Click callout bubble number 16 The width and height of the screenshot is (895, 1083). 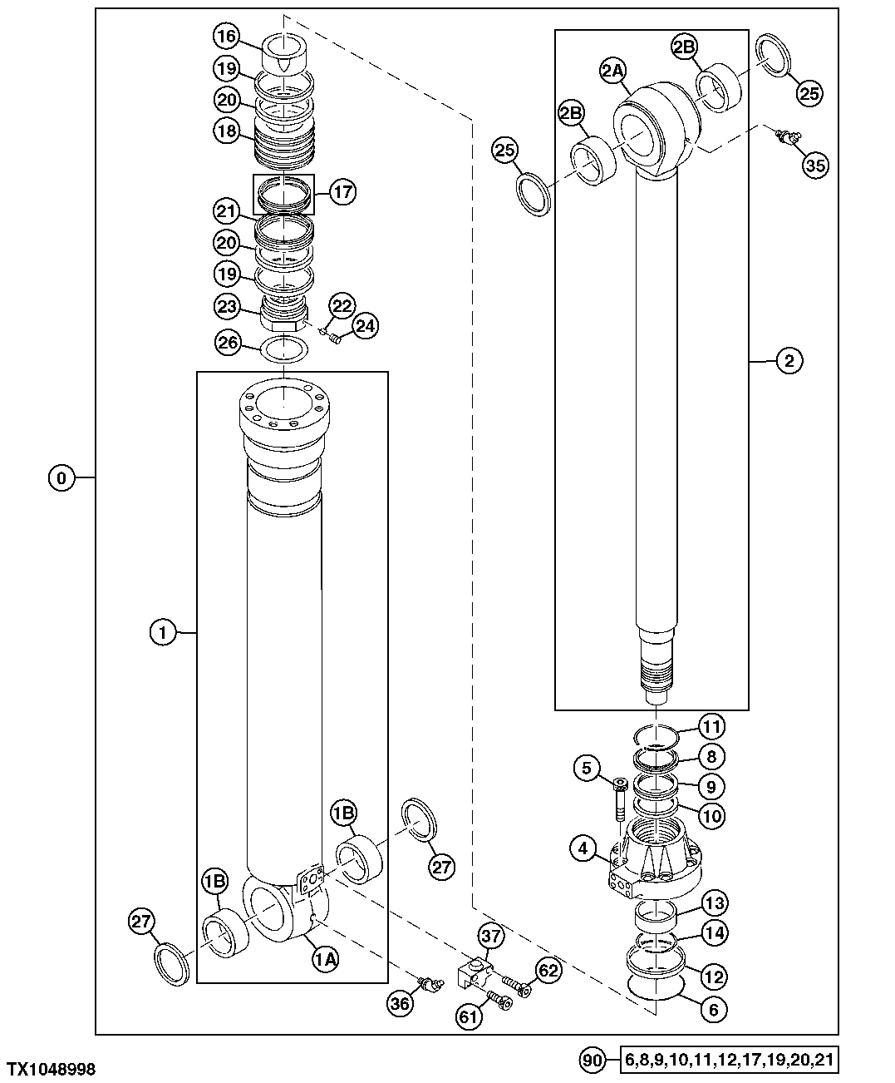(x=227, y=37)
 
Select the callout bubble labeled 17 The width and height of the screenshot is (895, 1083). (x=342, y=192)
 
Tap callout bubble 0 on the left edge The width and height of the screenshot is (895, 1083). (x=61, y=477)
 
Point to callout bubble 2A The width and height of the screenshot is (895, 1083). (x=612, y=72)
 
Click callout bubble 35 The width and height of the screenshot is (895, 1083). (x=815, y=165)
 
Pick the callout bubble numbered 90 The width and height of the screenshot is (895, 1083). (x=593, y=1061)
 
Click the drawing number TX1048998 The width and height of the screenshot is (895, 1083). (x=51, y=1069)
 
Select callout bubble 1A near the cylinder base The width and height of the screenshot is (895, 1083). (x=326, y=959)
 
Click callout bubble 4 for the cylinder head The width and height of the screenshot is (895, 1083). (x=584, y=849)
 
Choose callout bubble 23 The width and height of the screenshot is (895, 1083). (x=229, y=305)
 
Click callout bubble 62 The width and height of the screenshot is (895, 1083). (x=547, y=971)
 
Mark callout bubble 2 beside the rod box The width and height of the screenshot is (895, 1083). (x=789, y=361)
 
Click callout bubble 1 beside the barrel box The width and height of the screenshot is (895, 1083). (x=164, y=633)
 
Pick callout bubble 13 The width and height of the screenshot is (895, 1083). (x=714, y=903)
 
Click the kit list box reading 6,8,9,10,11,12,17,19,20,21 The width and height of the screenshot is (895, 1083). (x=730, y=1061)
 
